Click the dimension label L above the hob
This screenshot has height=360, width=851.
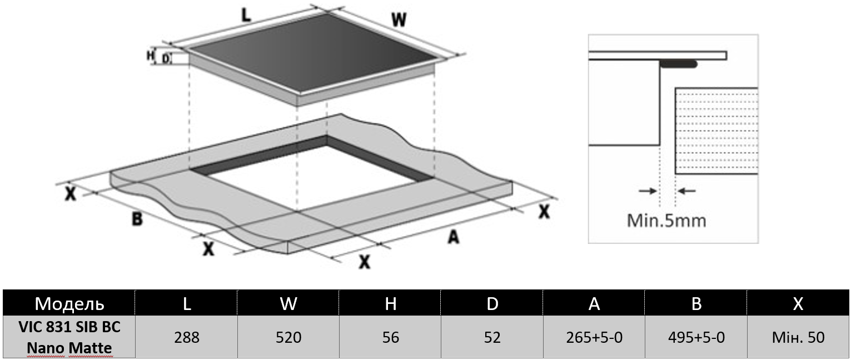click(245, 16)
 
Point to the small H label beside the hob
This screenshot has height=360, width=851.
click(150, 56)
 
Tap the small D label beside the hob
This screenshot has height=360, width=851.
click(165, 57)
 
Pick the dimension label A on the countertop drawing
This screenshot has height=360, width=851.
click(454, 237)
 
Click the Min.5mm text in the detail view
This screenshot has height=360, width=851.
click(666, 221)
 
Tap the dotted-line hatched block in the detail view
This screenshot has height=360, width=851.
click(716, 131)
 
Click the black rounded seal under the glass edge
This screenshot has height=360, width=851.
click(679, 64)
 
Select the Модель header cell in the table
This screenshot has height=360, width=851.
click(69, 304)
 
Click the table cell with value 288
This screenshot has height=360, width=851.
click(187, 337)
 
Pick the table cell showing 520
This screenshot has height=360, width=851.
click(288, 337)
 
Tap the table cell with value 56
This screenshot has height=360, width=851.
click(391, 337)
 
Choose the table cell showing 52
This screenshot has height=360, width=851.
click(492, 337)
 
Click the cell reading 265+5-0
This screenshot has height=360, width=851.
click(594, 337)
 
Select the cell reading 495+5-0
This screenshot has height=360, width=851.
click(696, 337)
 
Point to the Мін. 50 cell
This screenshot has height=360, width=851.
click(798, 337)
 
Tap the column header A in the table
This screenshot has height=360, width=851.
click(594, 304)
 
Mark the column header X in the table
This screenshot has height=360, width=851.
click(798, 304)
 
